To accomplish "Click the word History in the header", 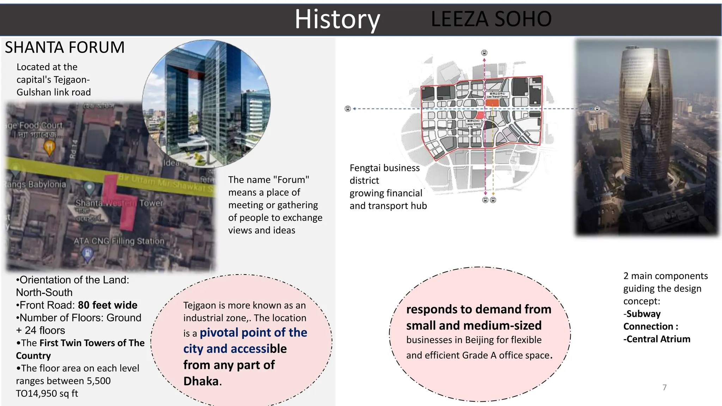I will pos(337,19).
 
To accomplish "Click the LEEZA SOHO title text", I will pos(491,19).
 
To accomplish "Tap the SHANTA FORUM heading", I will pos(65,48).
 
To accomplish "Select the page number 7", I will pos(665,387).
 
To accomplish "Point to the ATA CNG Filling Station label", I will pos(119,241).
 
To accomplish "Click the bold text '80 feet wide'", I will pos(108,305).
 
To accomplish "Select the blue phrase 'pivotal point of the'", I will pos(253,333).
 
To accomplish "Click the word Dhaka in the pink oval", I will pos(201,381).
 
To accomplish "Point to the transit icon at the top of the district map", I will pos(484,53).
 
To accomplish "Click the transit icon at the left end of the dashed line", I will pos(348,109).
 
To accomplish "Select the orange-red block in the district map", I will pos(492,103).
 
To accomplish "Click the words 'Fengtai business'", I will pos(384,168).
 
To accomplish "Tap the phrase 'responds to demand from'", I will pos(478,309).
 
